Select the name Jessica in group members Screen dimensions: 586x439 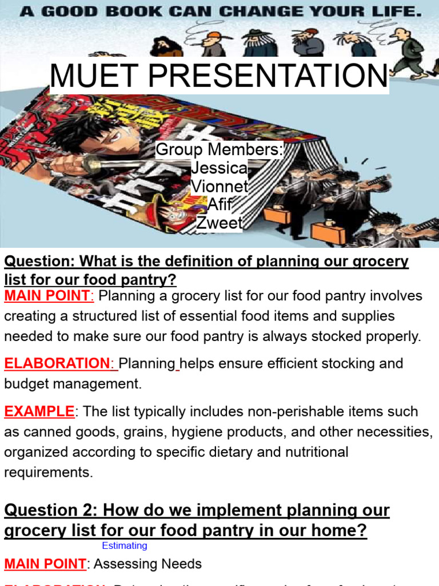(219, 168)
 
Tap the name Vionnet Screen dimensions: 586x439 (219, 187)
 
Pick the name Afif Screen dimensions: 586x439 (219, 204)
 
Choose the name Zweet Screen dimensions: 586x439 (219, 223)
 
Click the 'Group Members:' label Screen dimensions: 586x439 (219, 150)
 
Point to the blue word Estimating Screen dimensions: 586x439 (125, 546)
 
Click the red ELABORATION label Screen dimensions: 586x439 (57, 363)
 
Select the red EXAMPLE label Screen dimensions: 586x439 (39, 411)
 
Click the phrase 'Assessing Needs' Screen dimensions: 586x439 (147, 564)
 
